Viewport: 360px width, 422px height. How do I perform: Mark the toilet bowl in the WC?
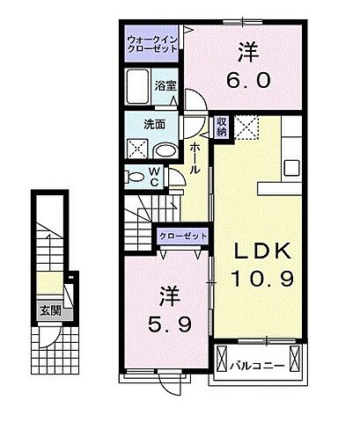(136, 177)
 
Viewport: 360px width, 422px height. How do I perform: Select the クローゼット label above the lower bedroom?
(183, 236)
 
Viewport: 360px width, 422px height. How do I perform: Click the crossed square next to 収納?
(246, 128)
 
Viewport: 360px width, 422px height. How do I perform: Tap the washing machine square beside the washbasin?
(138, 147)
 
